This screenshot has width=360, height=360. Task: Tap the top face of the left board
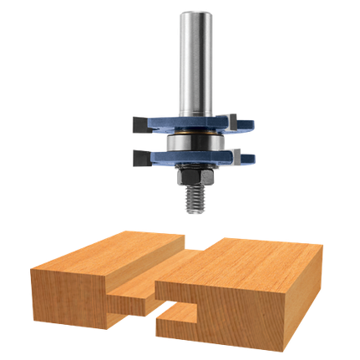[109, 254]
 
